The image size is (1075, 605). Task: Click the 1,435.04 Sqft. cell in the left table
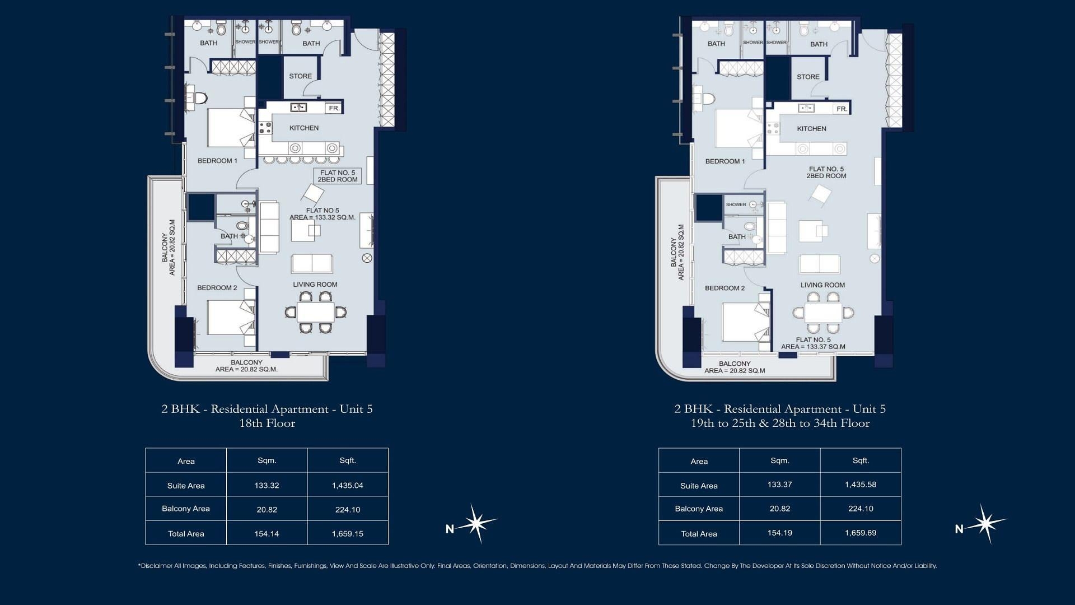pyautogui.click(x=347, y=486)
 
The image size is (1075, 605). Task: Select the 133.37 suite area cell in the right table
pyautogui.click(x=779, y=485)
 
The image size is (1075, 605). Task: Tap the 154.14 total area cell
pyautogui.click(x=267, y=534)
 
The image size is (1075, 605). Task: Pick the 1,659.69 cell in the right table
pyautogui.click(x=861, y=533)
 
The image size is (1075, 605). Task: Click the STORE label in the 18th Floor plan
pyautogui.click(x=301, y=76)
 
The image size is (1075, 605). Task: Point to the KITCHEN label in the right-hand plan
pyautogui.click(x=811, y=129)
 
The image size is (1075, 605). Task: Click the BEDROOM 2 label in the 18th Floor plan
pyautogui.click(x=217, y=288)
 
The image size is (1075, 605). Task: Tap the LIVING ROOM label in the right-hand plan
pyautogui.click(x=822, y=285)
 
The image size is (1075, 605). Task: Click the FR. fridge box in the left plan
pyautogui.click(x=334, y=108)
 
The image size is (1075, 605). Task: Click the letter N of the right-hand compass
pyautogui.click(x=959, y=529)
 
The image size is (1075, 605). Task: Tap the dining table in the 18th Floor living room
pyautogui.click(x=315, y=312)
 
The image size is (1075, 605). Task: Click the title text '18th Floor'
pyautogui.click(x=267, y=424)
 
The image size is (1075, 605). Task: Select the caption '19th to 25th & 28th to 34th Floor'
pyautogui.click(x=780, y=424)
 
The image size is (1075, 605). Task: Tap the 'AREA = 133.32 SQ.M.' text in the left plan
pyautogui.click(x=322, y=217)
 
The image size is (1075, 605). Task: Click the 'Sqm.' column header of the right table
pyautogui.click(x=780, y=460)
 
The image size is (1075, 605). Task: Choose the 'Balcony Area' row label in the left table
pyautogui.click(x=186, y=509)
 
